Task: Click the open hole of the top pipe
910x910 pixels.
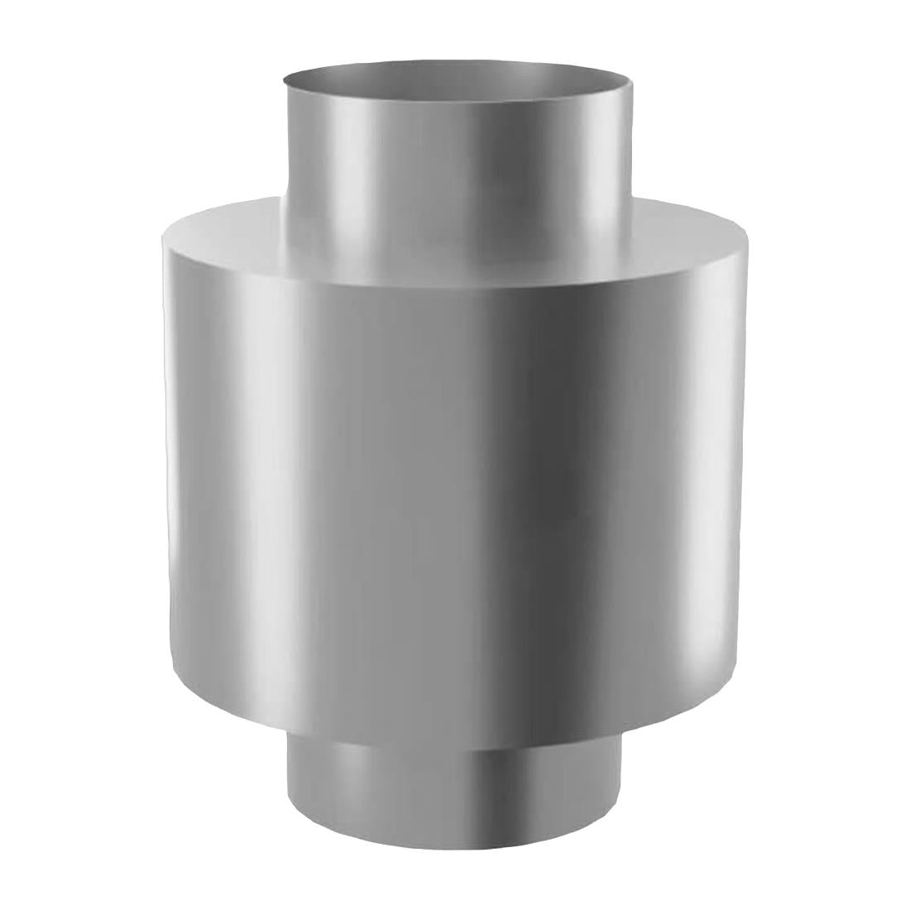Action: pos(459,79)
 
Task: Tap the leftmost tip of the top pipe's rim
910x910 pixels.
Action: pos(284,79)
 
